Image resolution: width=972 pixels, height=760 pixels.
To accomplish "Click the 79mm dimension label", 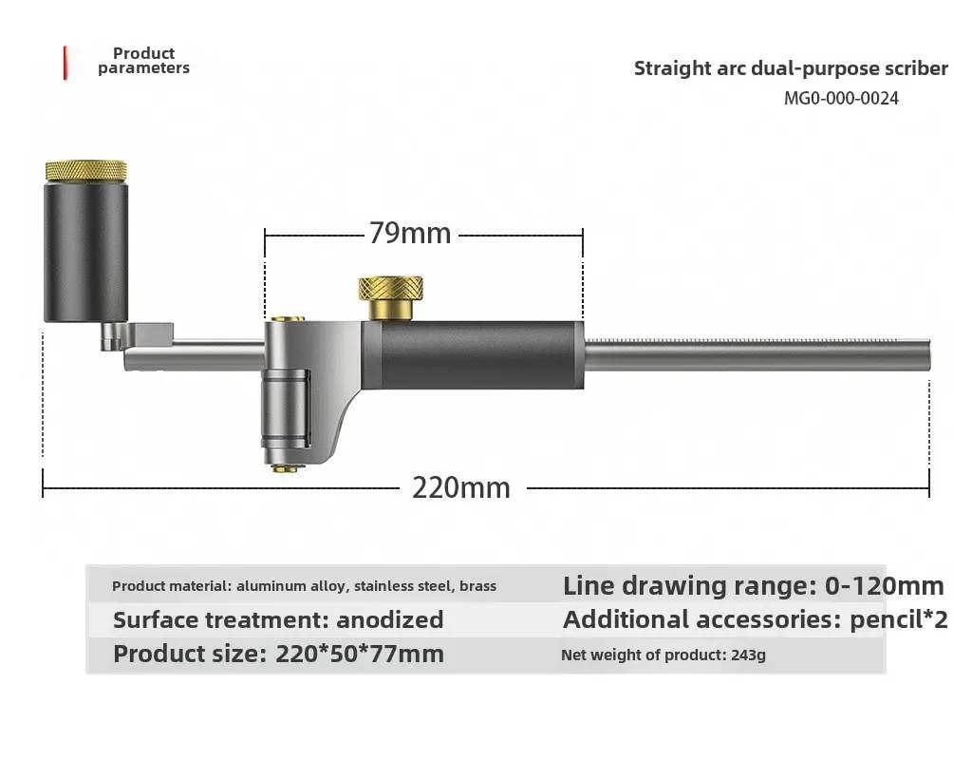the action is [410, 234].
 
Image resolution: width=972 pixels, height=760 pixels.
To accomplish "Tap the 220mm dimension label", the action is [461, 487].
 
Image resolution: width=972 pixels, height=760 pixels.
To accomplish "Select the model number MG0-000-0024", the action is [841, 99].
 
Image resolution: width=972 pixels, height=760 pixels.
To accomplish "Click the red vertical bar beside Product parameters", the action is [65, 64].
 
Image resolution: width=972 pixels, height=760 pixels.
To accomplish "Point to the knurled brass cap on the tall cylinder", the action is [86, 171].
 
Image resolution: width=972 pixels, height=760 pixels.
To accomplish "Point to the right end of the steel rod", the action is [930, 355].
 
